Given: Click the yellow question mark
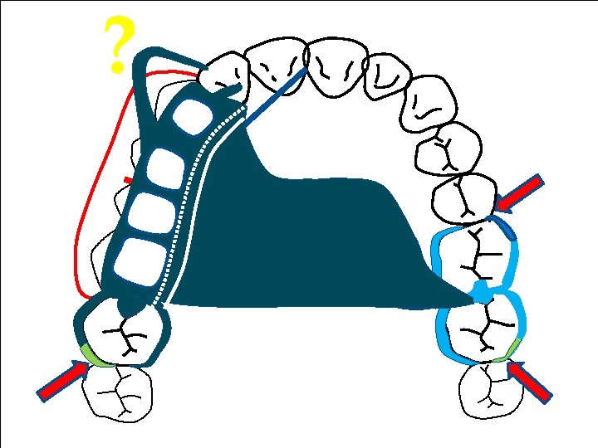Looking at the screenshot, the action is click(118, 46).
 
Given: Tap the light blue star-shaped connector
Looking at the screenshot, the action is click(480, 292).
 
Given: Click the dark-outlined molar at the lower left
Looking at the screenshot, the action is click(125, 332).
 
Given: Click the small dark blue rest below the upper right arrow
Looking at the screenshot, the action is click(507, 226).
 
